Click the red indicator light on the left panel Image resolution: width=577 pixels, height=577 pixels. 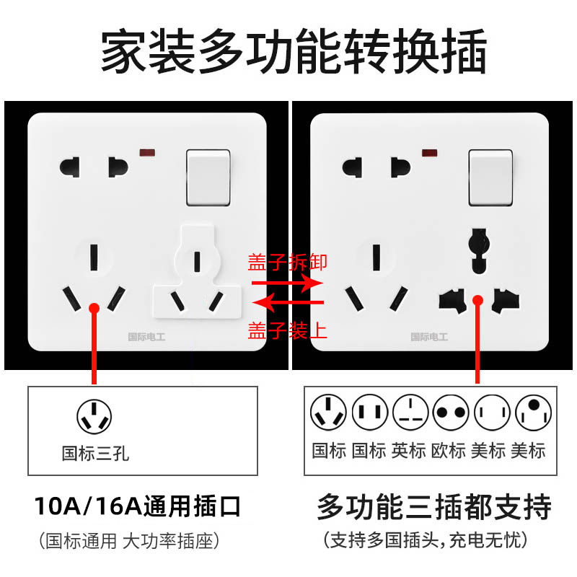tap(150, 153)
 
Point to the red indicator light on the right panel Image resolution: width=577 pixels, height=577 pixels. tap(431, 153)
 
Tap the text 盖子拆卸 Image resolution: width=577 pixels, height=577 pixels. tap(288, 262)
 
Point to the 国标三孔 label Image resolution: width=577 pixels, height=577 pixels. tap(95, 454)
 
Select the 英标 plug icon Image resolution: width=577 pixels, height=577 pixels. tap(408, 414)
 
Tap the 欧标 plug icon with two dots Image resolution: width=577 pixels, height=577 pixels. tap(448, 414)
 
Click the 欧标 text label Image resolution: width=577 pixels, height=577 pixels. tap(448, 451)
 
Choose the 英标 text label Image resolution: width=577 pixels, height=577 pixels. tap(408, 451)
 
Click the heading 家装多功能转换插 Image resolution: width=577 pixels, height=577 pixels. tap(288, 52)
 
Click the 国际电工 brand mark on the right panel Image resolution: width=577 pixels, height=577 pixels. tap(429, 336)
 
